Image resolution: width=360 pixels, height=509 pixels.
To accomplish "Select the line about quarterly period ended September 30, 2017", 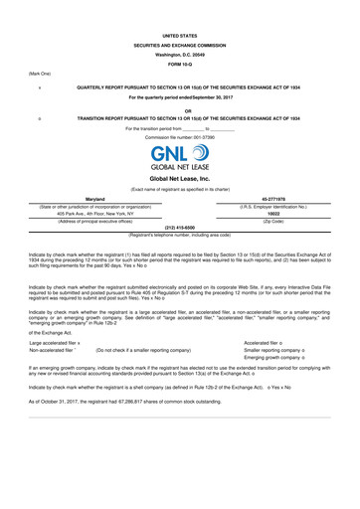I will point(180,96).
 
